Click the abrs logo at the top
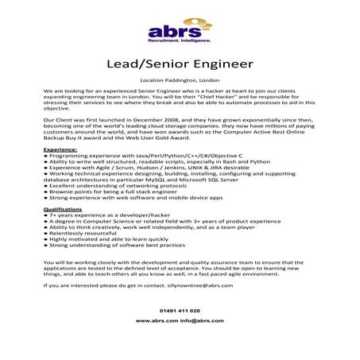[180, 29]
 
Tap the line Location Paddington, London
[180, 81]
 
